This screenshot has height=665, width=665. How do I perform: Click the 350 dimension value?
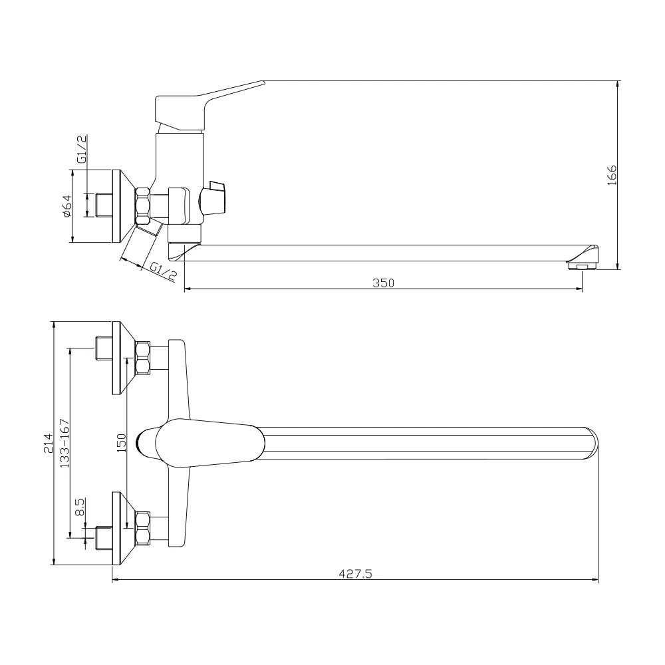[384, 282]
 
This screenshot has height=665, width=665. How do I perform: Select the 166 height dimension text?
[612, 174]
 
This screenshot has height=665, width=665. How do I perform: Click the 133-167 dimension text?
[65, 443]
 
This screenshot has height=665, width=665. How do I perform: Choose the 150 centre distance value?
[121, 443]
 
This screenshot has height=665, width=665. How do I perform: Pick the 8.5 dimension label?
[80, 508]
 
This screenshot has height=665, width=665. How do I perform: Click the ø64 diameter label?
[66, 206]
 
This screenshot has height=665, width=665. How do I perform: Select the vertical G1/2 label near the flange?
[82, 150]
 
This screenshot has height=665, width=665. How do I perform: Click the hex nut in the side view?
[143, 205]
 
